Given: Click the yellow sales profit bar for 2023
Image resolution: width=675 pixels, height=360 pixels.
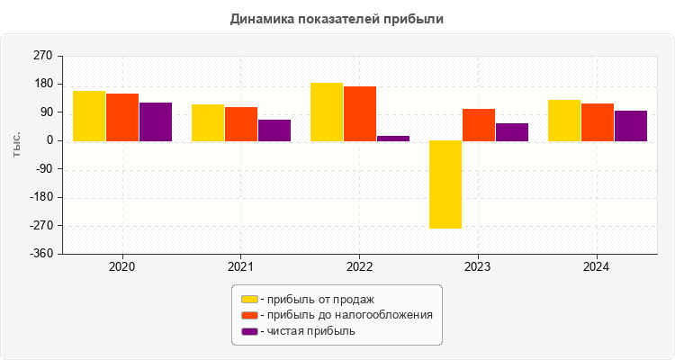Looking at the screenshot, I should (x=445, y=184).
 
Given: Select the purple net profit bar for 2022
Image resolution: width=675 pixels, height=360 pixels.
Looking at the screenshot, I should (x=393, y=139).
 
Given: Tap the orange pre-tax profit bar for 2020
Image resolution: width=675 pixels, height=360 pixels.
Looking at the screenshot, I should (x=122, y=117).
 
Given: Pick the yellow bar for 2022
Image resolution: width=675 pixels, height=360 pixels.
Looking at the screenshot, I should (x=327, y=112).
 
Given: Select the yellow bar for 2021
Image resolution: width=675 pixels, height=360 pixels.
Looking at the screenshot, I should (x=208, y=122).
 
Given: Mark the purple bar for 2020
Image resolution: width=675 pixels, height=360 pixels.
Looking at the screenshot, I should (x=156, y=121).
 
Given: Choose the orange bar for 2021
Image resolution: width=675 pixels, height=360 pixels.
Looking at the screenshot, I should (x=241, y=124).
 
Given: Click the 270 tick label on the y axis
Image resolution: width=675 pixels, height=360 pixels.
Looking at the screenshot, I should (x=42, y=56).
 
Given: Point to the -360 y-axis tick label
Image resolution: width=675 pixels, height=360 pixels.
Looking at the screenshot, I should (x=40, y=254).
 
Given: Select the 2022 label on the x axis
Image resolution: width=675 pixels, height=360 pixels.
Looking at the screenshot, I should (x=359, y=267).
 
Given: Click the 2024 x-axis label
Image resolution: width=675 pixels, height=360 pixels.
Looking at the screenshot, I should (x=597, y=267).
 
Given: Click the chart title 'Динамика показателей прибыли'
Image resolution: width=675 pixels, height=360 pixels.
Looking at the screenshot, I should (x=337, y=18).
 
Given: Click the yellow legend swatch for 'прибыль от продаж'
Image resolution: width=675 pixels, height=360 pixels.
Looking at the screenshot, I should (x=249, y=299).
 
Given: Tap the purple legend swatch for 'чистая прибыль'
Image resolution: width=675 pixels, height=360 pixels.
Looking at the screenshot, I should (x=249, y=331).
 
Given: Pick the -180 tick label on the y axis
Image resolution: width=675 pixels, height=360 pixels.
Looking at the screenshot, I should (x=40, y=198).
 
